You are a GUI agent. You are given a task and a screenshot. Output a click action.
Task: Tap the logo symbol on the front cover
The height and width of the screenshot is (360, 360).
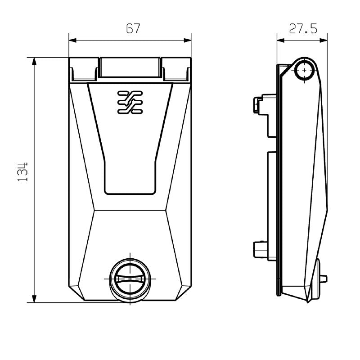tap(130, 102)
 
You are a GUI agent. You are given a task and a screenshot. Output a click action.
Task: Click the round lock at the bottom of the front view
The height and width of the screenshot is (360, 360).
tap(130, 279)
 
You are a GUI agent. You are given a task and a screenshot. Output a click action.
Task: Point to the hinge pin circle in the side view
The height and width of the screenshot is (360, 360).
tap(306, 70)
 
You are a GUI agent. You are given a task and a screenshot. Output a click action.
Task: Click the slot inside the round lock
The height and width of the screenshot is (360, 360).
tap(130, 279)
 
